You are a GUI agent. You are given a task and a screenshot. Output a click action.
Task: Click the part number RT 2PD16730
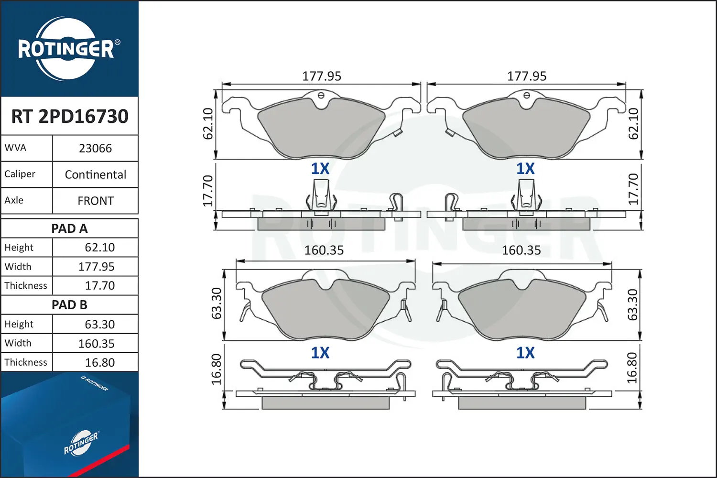point(69,116)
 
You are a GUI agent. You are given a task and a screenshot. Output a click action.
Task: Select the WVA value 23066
point(96,148)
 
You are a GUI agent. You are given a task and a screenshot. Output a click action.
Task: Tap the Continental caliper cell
point(96,174)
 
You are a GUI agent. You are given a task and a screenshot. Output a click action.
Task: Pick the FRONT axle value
point(96,201)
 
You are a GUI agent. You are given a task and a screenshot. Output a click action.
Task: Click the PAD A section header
point(69,228)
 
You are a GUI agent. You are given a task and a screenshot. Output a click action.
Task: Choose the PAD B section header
point(69,305)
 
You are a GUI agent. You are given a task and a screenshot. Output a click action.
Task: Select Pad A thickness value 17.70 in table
point(99,285)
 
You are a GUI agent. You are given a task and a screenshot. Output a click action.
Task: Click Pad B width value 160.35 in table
point(97,344)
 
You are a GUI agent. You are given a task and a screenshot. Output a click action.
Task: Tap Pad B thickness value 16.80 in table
point(99,362)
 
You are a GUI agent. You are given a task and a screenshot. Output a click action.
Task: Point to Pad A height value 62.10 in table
point(99,248)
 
